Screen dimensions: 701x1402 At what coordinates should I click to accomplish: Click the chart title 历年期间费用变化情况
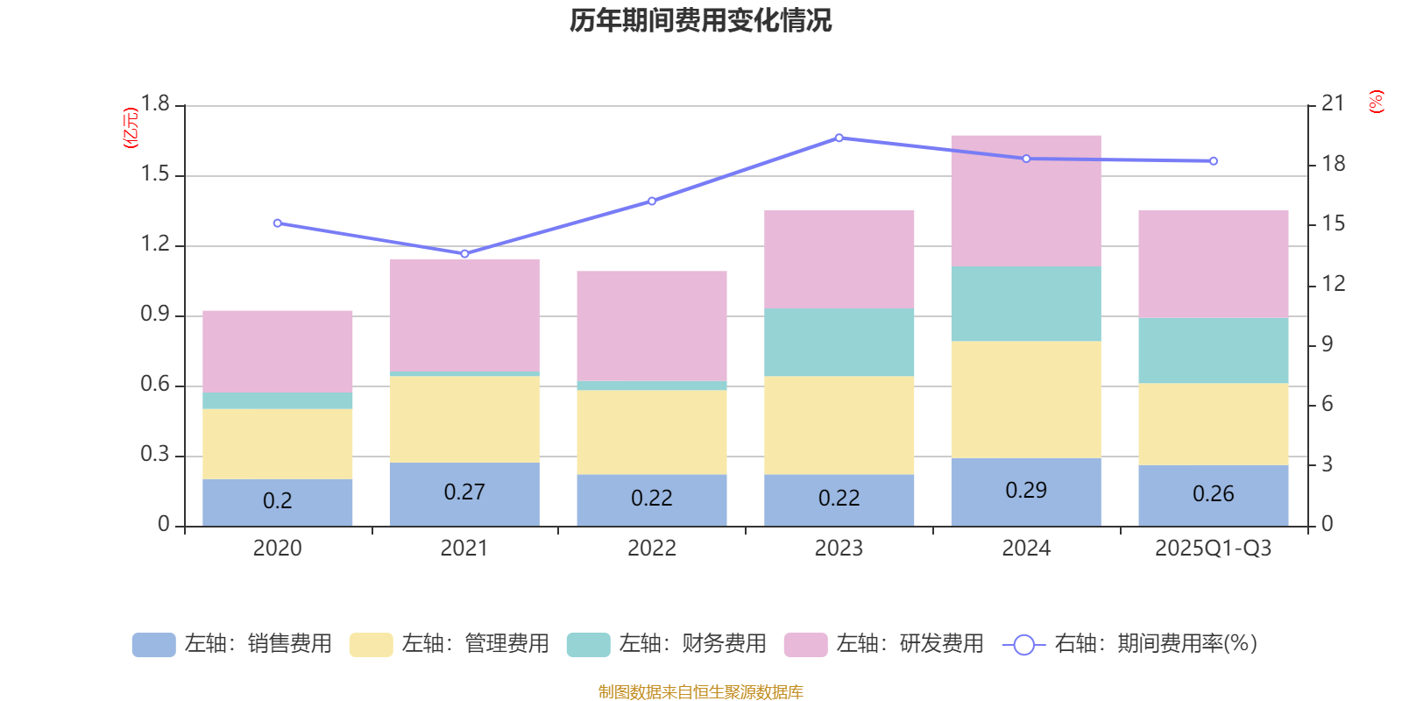coord(700,20)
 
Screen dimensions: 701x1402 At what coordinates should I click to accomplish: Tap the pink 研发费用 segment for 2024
coord(1025,201)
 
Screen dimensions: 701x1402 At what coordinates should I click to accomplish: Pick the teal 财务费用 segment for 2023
coord(839,342)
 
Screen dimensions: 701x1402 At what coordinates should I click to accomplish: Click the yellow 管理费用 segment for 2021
coord(464,419)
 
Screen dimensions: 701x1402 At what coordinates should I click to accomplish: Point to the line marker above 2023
coord(839,138)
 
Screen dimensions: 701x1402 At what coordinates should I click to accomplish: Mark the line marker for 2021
coord(464,254)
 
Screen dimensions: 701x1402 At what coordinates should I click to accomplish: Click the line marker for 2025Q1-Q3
coord(1213,161)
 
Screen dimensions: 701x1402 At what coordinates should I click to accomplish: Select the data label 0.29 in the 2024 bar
coord(1025,490)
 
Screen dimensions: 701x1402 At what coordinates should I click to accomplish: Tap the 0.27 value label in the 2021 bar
coord(464,492)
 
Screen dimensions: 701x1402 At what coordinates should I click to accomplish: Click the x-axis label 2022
coord(651,549)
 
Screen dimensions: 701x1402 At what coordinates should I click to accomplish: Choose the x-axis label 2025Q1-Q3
coord(1213,549)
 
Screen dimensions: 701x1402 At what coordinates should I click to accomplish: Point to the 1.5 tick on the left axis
coord(155,174)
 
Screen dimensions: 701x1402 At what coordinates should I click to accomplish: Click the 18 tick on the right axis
coord(1333,164)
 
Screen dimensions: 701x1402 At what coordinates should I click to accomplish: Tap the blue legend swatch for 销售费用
coord(153,645)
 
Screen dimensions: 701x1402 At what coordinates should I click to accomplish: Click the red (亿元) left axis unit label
coord(131,128)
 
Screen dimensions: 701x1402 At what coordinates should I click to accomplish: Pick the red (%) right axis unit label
coord(1376,102)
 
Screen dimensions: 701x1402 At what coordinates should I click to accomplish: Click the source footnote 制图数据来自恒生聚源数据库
coord(700,692)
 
